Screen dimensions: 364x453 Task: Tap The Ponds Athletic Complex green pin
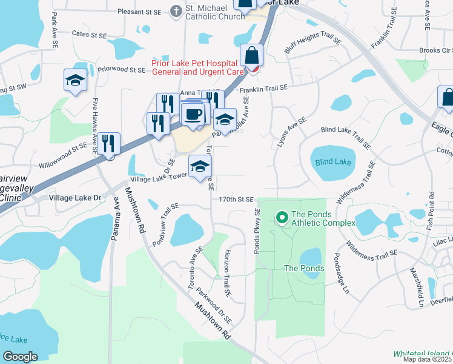(x=282, y=217)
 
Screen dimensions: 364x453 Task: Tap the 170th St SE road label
(x=236, y=199)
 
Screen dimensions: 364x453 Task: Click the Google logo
(x=20, y=356)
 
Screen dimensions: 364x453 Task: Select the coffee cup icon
(x=193, y=114)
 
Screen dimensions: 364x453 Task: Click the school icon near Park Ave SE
(x=75, y=79)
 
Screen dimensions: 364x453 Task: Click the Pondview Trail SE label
(x=165, y=224)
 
